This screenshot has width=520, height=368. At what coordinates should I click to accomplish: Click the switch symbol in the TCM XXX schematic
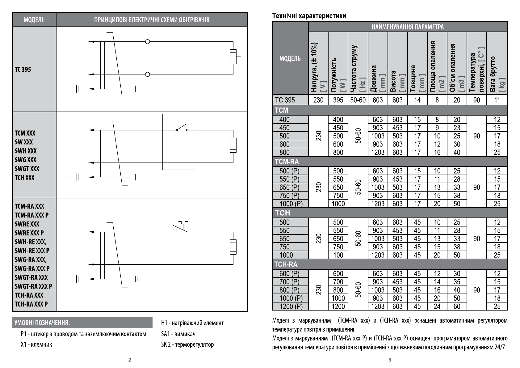[x=181, y=128]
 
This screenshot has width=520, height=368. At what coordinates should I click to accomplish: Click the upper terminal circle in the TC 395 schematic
[x=148, y=42]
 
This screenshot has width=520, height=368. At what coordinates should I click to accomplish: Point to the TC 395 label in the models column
[x=23, y=69]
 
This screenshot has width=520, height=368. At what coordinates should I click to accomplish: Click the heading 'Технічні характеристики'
[x=309, y=16]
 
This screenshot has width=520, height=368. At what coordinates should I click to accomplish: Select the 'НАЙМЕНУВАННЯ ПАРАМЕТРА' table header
[x=408, y=27]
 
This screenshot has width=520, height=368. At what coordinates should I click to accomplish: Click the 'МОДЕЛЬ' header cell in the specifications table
[x=290, y=58]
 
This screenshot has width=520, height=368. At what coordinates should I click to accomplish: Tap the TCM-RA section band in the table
[x=390, y=161]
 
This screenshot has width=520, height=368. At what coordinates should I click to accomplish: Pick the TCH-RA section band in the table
[x=390, y=264]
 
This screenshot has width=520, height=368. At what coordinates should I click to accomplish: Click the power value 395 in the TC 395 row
[x=338, y=100]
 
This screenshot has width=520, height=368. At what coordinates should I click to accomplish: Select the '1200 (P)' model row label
[x=291, y=306]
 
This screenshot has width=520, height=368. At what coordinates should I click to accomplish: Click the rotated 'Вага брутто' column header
[x=497, y=74]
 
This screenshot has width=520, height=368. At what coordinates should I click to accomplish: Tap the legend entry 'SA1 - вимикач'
[x=178, y=334]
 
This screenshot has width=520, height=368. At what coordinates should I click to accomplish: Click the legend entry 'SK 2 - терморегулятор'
[x=187, y=344]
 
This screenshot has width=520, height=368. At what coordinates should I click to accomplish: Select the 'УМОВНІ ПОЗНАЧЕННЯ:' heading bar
[x=82, y=323]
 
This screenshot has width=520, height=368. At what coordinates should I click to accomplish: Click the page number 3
[x=390, y=360]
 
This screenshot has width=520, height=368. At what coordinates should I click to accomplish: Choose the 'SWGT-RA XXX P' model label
[x=33, y=286]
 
